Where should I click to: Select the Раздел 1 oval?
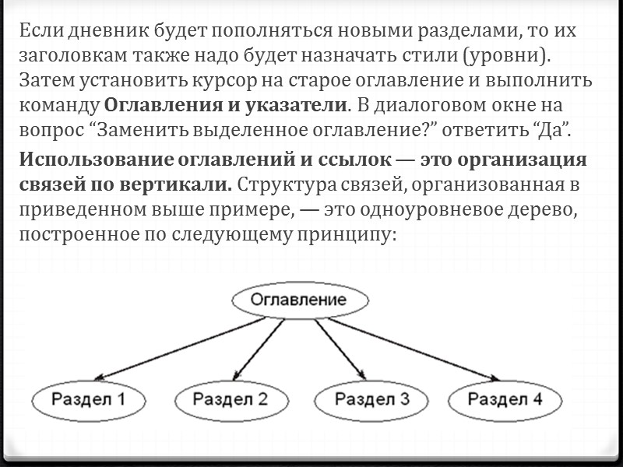[89, 400]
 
